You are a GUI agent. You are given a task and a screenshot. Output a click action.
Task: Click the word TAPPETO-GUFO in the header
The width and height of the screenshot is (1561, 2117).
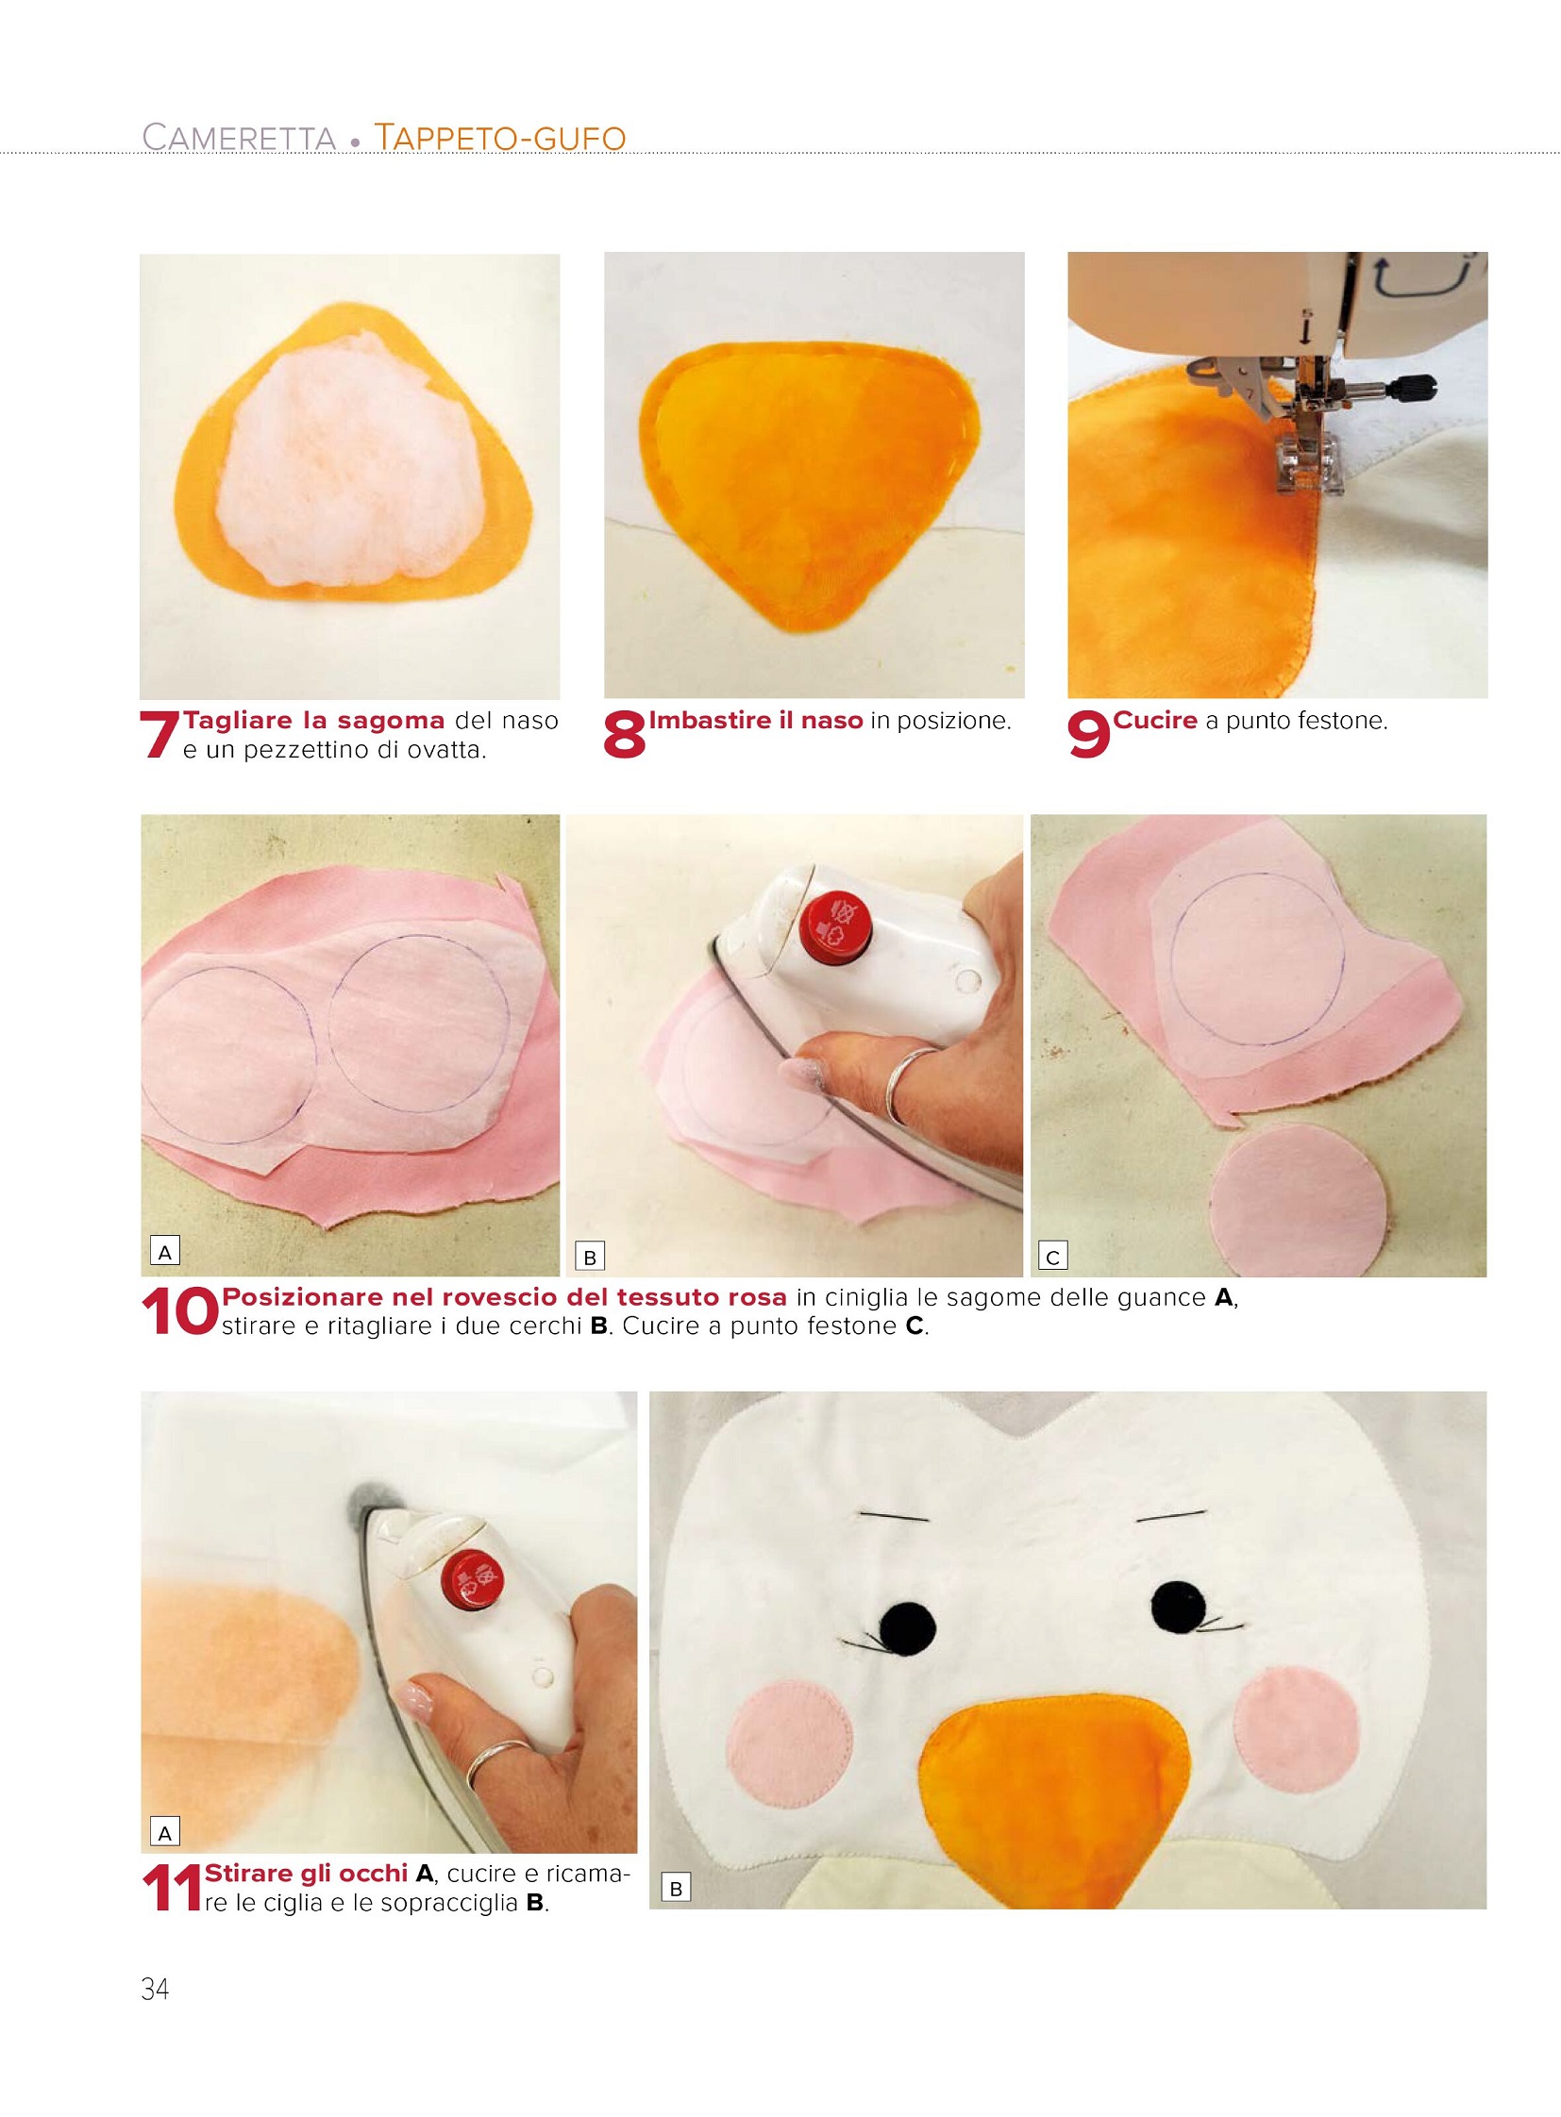501,138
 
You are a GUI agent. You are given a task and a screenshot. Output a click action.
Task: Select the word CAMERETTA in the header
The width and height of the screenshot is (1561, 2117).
239,138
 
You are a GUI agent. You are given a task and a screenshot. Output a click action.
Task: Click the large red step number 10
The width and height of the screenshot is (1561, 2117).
178,1313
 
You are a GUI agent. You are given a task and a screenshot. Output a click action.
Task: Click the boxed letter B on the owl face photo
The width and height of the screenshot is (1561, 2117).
676,1889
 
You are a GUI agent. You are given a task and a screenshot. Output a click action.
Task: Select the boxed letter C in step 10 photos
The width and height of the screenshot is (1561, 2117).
1052,1257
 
